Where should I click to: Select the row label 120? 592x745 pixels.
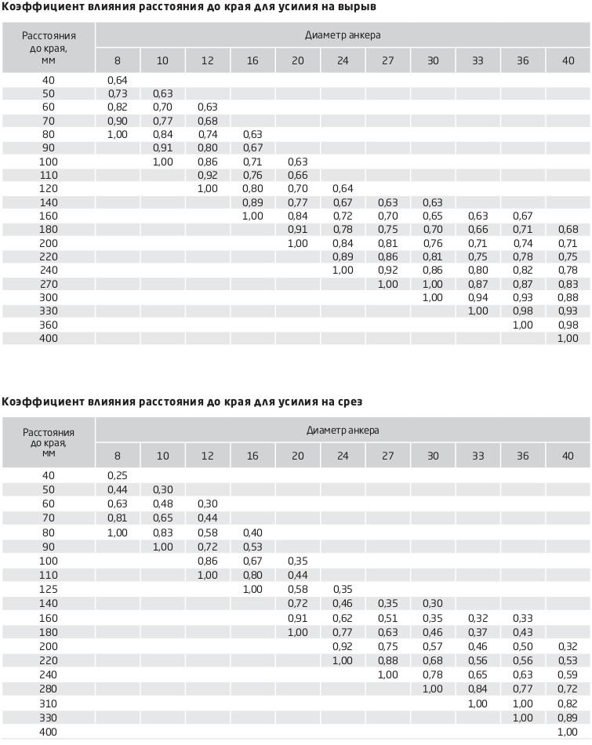coord(49,189)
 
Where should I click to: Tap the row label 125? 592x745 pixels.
coord(49,589)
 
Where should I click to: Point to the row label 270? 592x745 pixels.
coord(49,284)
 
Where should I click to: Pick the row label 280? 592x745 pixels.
coord(49,689)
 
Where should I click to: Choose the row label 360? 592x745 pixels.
coord(49,325)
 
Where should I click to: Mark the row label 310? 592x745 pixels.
coord(49,703)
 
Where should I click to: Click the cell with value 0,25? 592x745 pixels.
coord(118,475)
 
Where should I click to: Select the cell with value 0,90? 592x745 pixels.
coord(118,121)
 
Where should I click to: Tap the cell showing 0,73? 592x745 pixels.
coord(118,93)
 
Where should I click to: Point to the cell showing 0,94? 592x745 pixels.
coord(478,298)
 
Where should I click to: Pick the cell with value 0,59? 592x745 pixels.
coord(568,674)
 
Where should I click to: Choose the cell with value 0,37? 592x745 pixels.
coord(478,632)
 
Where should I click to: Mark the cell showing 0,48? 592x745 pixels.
coord(162,503)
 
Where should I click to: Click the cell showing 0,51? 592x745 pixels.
coord(387,618)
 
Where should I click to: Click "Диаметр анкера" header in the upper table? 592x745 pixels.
coord(343,35)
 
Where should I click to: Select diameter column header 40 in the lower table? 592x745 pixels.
coord(568,456)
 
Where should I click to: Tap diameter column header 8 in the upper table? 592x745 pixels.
coord(118,60)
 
